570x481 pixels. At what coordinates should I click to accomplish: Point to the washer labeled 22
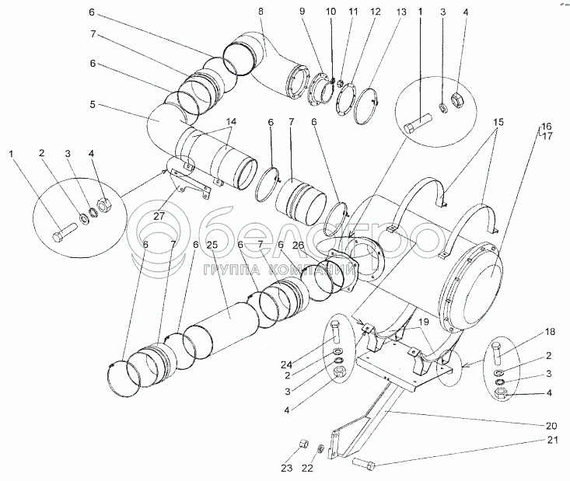click(320, 448)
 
